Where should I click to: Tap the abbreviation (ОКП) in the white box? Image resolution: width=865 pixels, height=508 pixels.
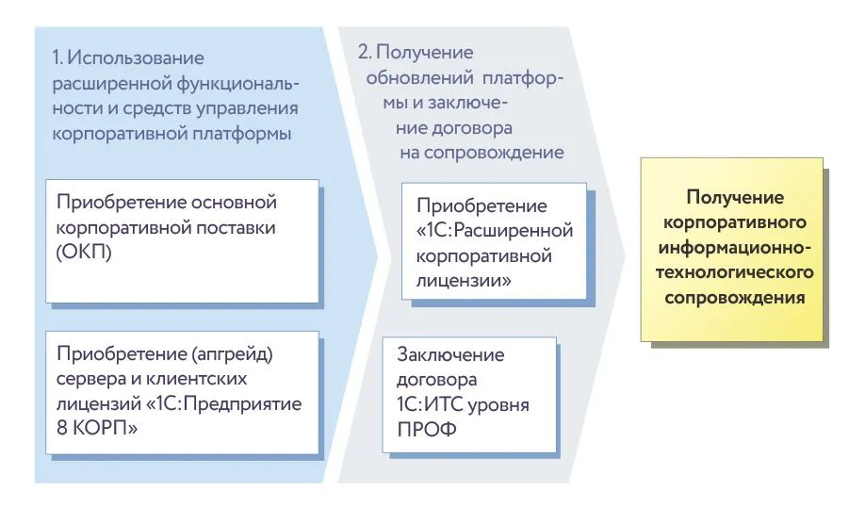pos(85,253)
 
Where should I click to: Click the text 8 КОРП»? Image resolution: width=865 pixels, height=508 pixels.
pos(95,430)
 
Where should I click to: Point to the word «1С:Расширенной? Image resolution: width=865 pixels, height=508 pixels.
pos(494,230)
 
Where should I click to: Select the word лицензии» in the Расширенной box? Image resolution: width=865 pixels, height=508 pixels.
pos(461,280)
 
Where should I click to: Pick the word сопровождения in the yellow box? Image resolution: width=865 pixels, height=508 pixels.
pos(735,297)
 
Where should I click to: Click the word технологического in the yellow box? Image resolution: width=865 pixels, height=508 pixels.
pos(735,272)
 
